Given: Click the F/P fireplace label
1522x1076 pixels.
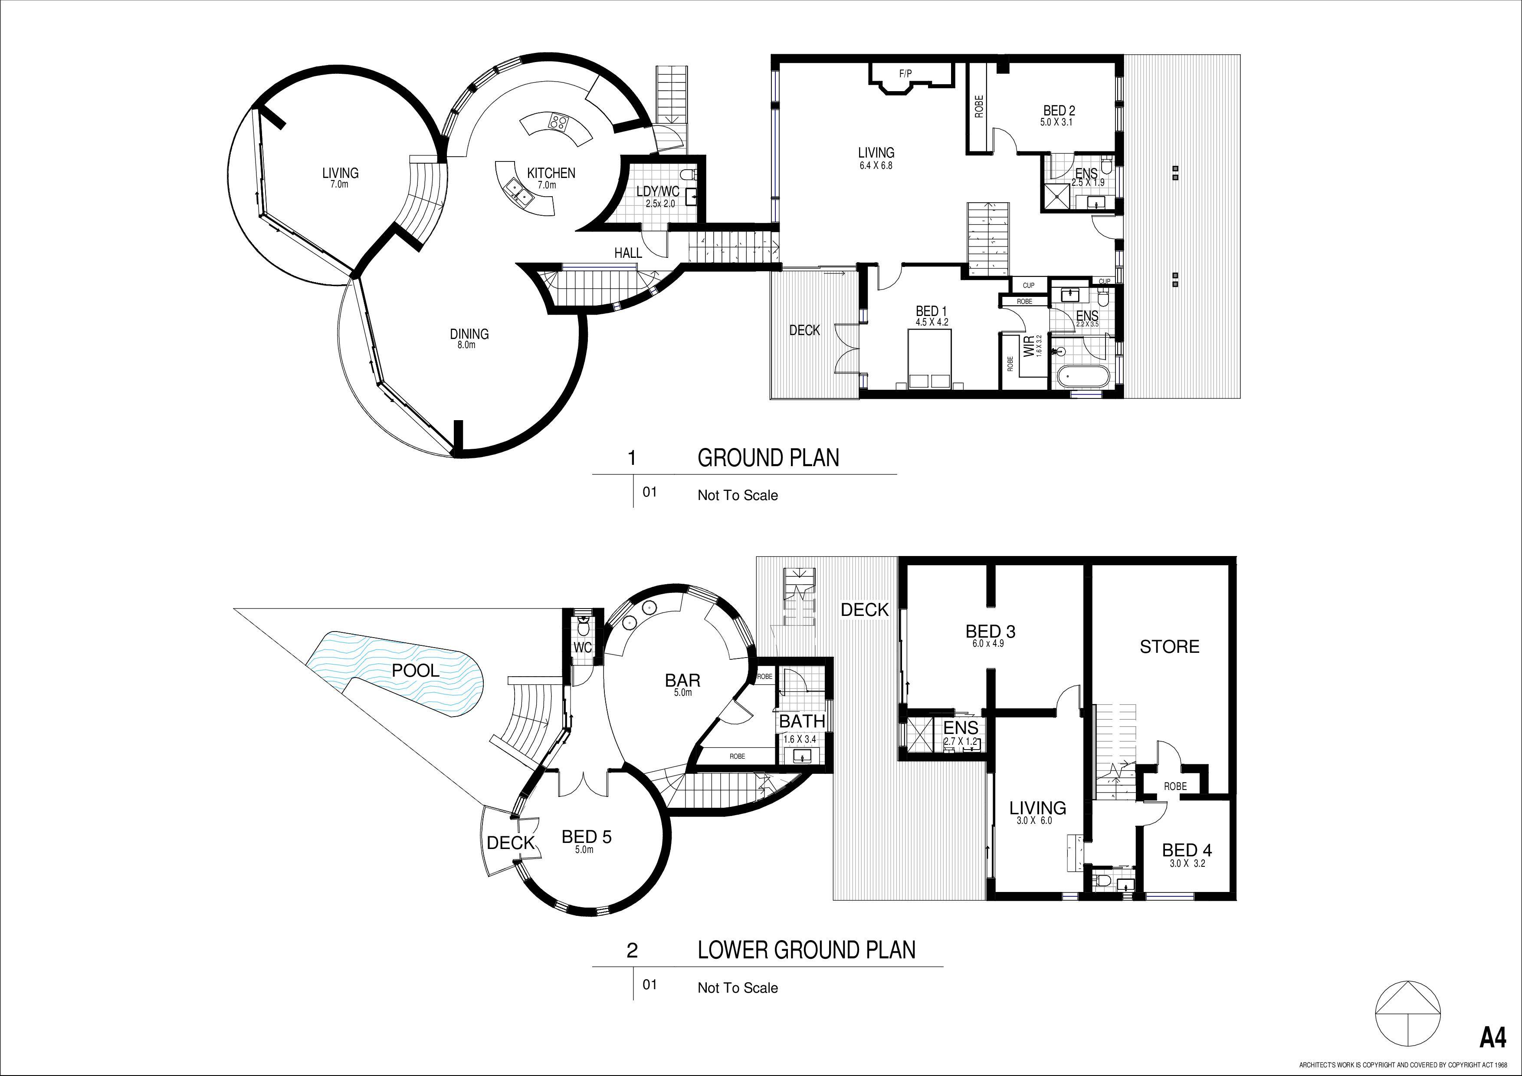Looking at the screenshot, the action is [905, 74].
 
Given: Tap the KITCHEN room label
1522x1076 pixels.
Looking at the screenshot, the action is [551, 173].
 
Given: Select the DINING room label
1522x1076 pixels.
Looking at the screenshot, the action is [469, 334].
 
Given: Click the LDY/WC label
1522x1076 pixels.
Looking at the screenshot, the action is [658, 191].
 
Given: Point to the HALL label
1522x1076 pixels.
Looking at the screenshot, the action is [628, 253].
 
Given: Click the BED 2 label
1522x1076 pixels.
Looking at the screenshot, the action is [1059, 111].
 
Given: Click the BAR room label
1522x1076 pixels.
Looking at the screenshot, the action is [683, 680].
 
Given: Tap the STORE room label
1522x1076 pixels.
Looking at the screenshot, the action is [1169, 646].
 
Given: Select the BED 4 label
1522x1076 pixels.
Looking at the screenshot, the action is [1187, 850].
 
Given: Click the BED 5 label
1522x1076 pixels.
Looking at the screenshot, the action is [587, 837].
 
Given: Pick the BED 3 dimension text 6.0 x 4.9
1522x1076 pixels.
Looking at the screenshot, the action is [985, 643].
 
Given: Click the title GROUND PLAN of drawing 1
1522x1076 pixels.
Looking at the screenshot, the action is [768, 457].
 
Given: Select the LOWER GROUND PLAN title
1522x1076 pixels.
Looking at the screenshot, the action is [807, 950].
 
